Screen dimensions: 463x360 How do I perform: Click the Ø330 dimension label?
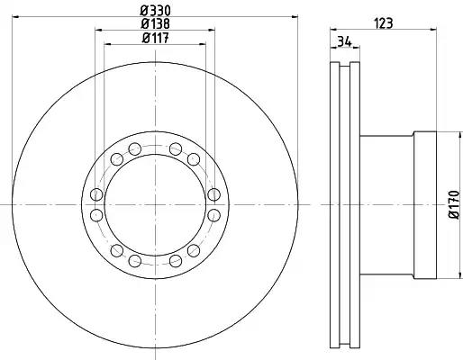(x=155, y=11)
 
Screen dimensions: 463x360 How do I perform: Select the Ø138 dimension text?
(x=155, y=23)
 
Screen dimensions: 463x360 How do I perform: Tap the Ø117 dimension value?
(x=155, y=38)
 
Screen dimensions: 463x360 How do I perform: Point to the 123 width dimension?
(x=384, y=23)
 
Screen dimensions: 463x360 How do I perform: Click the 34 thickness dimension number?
(x=344, y=41)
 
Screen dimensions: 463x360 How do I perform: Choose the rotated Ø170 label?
(x=454, y=204)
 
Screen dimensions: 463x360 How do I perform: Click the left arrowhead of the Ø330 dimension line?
(x=15, y=17)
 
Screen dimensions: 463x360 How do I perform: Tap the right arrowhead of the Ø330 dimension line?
(x=295, y=17)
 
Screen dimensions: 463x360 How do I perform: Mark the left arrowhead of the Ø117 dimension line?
(x=108, y=44)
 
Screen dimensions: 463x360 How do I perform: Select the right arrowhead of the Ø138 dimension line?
(x=212, y=30)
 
